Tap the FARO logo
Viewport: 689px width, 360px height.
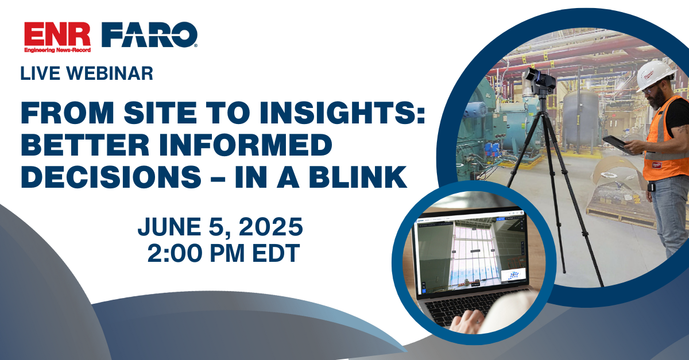click(x=149, y=36)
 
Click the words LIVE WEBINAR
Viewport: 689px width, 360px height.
click(x=87, y=73)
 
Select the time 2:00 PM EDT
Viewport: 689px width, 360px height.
click(x=223, y=253)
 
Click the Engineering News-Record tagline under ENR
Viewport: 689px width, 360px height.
click(x=57, y=51)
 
